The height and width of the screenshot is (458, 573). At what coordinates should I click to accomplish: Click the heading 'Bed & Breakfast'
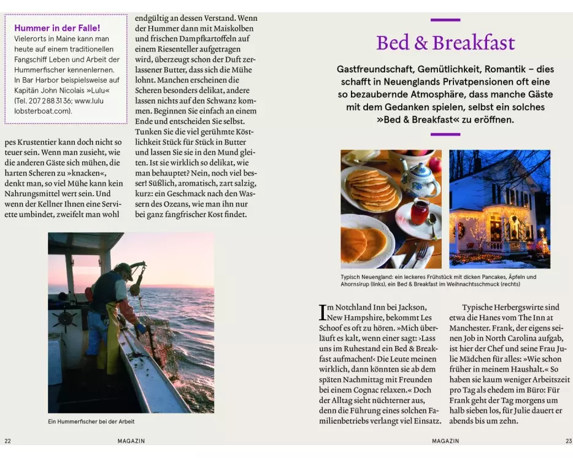445,43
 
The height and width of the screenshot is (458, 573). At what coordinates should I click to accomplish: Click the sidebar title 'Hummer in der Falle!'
57,28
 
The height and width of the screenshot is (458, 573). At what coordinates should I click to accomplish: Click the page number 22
7,441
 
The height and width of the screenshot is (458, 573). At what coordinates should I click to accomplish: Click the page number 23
567,441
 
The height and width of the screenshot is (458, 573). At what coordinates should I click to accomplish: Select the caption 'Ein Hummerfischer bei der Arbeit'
91,422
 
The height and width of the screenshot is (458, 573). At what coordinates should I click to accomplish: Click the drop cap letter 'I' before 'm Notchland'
321,312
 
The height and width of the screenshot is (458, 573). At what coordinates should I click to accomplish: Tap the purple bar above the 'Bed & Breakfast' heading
445,20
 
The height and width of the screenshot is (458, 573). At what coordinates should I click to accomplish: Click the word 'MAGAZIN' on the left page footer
131,441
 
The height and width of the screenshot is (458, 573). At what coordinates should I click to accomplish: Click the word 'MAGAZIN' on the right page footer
445,441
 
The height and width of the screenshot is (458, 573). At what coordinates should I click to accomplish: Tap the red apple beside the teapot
434,164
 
